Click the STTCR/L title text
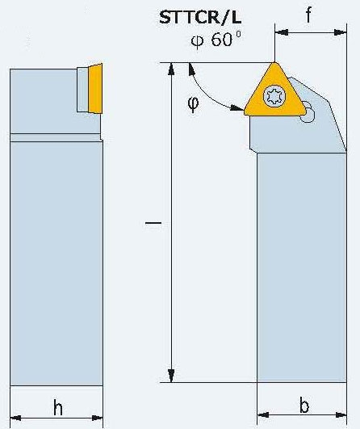200,18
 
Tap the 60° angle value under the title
216,40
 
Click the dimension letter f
308,15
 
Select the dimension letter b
304,406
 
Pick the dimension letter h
57,407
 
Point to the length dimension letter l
153,223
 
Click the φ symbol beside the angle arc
193,103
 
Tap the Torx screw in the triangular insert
274,97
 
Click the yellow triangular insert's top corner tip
274,63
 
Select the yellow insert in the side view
96,88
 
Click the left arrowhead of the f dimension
281,32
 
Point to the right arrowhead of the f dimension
341,32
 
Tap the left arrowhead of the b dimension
264,415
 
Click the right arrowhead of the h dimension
97,418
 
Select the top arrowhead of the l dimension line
171,69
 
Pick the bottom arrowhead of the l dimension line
171,376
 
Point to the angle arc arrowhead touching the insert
237,107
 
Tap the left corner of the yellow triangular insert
245,112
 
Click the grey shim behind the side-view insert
82,89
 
